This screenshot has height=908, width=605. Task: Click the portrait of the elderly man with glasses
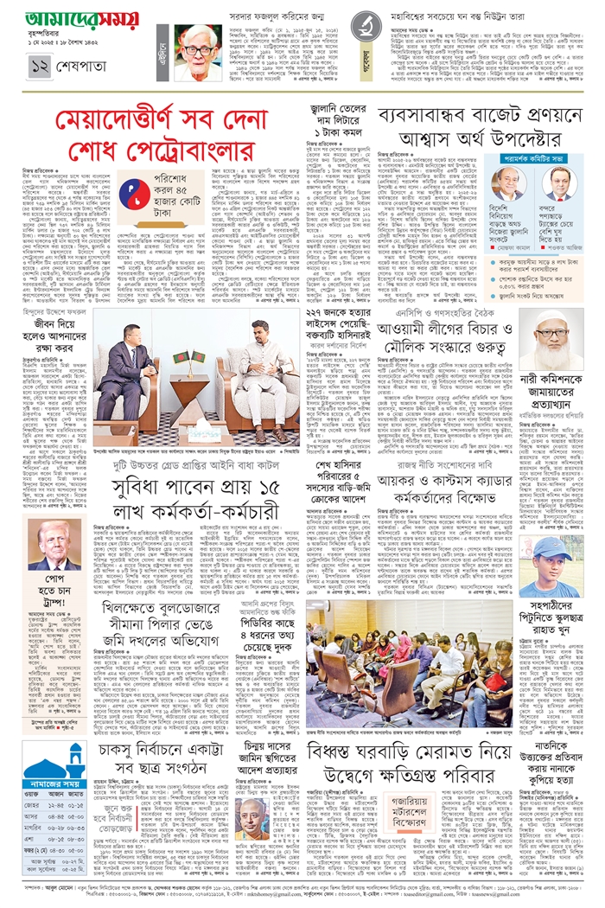(x=198, y=54)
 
